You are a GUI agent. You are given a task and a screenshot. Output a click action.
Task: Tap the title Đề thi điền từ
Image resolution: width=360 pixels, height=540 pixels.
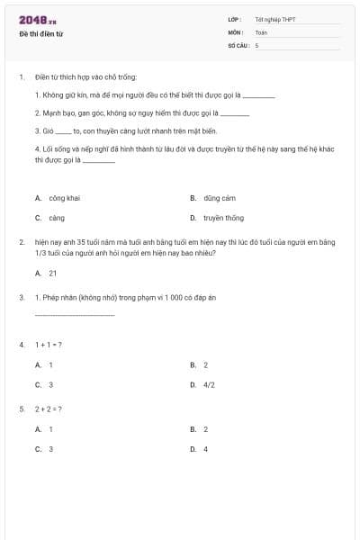pyautogui.click(x=40, y=34)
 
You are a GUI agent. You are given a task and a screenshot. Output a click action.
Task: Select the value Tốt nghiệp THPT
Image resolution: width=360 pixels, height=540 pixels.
pyautogui.click(x=275, y=19)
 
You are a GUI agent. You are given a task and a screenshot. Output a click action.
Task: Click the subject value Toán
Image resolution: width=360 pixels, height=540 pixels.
pyautogui.click(x=261, y=32)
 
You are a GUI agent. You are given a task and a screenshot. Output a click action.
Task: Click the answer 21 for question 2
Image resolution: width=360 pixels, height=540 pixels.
pyautogui.click(x=52, y=273)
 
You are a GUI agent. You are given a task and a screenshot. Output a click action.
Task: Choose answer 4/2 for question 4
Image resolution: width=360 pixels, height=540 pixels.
pyautogui.click(x=209, y=384)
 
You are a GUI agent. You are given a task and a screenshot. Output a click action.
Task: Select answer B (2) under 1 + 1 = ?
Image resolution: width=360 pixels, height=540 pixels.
pyautogui.click(x=205, y=364)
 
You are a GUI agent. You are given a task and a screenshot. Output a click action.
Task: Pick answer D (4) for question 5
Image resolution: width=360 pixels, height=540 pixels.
pyautogui.click(x=205, y=448)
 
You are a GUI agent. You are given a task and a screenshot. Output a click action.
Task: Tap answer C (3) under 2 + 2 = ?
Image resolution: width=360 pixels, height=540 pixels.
pyautogui.click(x=50, y=448)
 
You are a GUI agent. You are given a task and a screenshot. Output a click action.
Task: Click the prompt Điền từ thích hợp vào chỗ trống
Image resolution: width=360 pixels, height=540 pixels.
pyautogui.click(x=86, y=77)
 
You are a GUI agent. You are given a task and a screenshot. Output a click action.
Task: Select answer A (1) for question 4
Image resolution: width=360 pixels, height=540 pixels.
pyautogui.click(x=50, y=364)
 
